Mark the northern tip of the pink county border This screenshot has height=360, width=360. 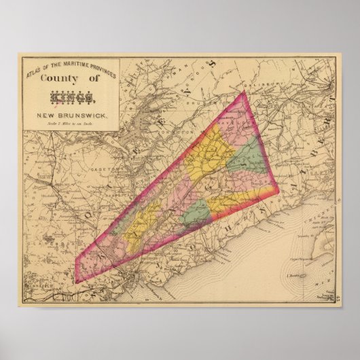pos(243,92)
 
